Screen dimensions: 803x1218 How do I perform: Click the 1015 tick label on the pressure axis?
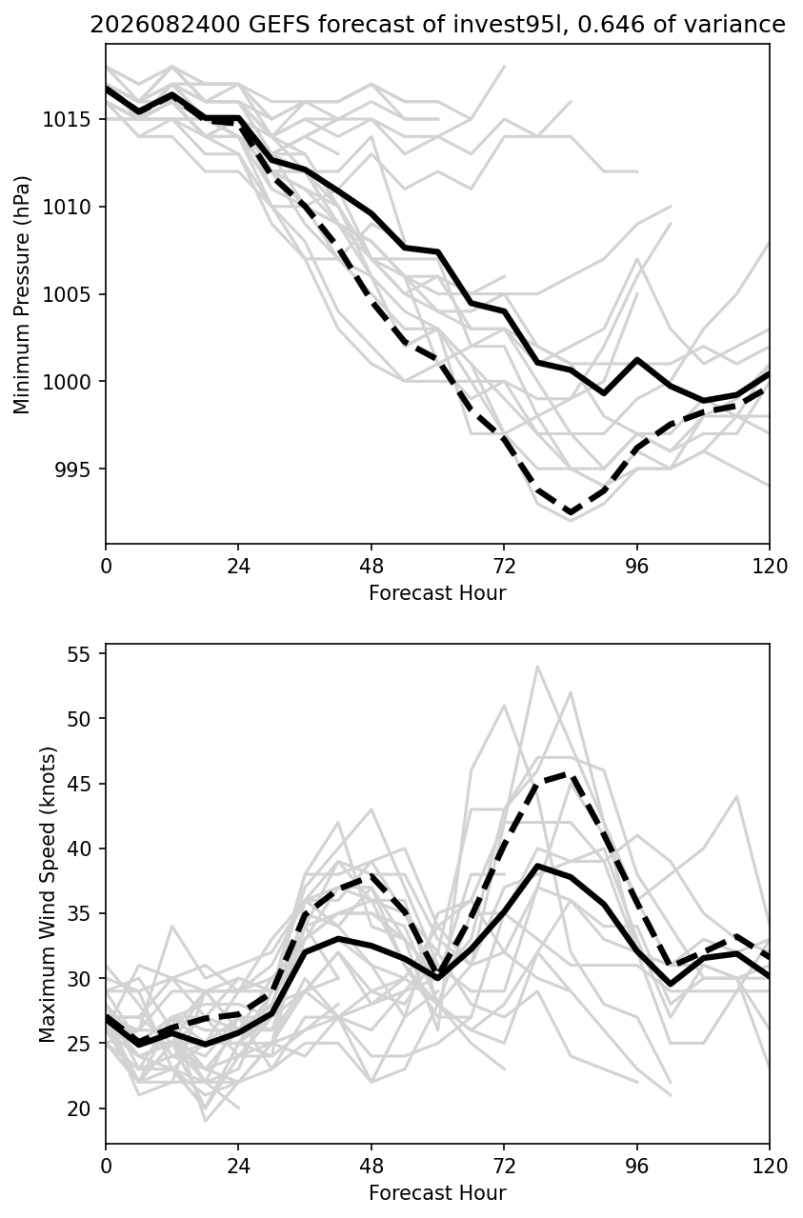pyautogui.click(x=67, y=120)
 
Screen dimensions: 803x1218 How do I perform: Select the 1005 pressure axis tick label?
pyautogui.click(x=67, y=294)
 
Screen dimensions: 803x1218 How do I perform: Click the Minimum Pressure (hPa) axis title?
pyautogui.click(x=22, y=294)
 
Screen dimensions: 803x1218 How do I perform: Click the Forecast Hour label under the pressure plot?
pyautogui.click(x=437, y=592)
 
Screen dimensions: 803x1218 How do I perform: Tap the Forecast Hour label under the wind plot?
pyautogui.click(x=437, y=1193)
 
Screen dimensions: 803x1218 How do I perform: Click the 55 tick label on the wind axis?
pyautogui.click(x=78, y=654)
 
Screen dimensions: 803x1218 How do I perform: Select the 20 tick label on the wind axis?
pyautogui.click(x=78, y=1108)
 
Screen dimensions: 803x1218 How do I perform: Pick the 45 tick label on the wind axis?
pyautogui.click(x=78, y=784)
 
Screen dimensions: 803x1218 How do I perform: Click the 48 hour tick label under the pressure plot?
pyautogui.click(x=371, y=567)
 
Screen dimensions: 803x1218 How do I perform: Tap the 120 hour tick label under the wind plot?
pyautogui.click(x=770, y=1167)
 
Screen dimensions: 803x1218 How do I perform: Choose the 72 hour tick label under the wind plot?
pyautogui.click(x=504, y=1167)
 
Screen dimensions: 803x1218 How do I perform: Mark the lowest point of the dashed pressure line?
pyautogui.click(x=571, y=512)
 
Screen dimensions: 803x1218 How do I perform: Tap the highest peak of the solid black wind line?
pyautogui.click(x=537, y=865)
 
